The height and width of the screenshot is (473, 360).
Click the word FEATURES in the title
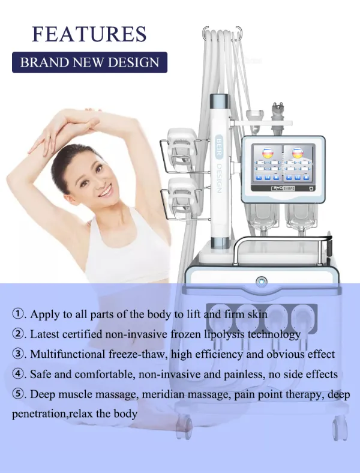click(x=89, y=34)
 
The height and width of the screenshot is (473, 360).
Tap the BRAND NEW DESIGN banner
click(x=89, y=62)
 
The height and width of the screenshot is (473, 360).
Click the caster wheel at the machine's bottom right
click(x=338, y=427)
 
